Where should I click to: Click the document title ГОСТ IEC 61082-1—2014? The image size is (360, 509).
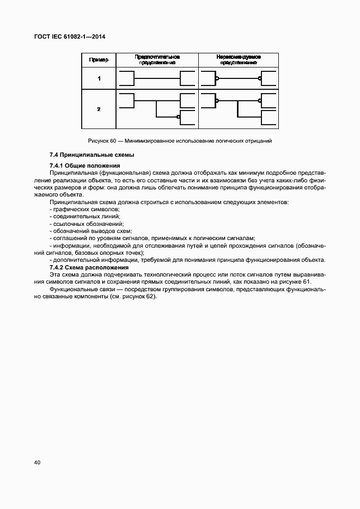pos(71,36)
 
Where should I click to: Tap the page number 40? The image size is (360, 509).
pos(37,462)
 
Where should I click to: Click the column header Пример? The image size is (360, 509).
pos(99,60)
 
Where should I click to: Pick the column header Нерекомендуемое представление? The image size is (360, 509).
pos(238,59)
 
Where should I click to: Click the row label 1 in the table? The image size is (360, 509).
pos(99,79)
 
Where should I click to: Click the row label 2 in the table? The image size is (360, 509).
pos(99,109)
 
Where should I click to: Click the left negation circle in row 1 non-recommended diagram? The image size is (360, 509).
pos(217,79)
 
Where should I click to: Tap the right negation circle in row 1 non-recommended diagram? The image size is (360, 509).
pos(260,79)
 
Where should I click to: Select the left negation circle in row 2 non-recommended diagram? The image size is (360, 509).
pos(217,101)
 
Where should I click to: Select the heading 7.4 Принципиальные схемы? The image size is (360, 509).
pos(84,155)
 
